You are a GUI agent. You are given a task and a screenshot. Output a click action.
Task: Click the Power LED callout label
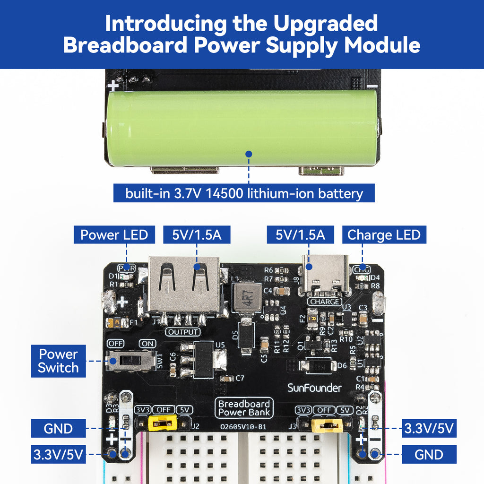coord(114,235)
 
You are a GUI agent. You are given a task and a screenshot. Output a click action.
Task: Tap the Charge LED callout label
coord(384,235)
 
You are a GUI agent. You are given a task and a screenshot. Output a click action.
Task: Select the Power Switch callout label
coord(58,361)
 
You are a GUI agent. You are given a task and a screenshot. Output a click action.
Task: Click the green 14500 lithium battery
coord(242,128)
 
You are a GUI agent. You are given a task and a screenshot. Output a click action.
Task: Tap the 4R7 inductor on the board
coord(247,298)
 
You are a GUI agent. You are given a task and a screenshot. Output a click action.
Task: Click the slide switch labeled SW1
coord(131,361)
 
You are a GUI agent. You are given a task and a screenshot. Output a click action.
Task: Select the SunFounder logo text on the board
coord(314,388)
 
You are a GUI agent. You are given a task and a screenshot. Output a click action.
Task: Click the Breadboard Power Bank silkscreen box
coord(244,408)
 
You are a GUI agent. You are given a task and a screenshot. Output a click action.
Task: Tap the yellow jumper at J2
coord(163,423)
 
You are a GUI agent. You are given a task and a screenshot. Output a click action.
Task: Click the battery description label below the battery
coord(244,193)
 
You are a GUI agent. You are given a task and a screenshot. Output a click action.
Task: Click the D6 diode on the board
coord(317,365)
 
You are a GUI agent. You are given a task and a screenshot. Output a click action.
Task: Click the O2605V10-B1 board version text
coord(244,426)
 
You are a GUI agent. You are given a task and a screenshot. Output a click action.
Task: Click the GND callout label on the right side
coord(429,455)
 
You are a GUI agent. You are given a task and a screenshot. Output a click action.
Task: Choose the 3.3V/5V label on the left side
coord(58,455)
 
